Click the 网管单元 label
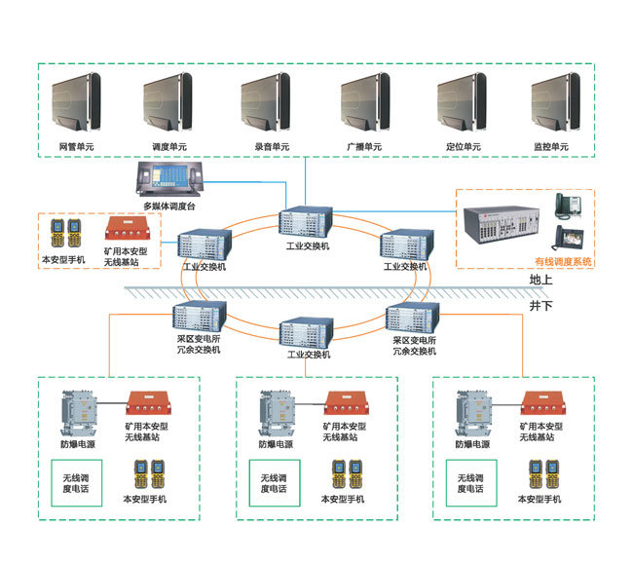click(x=76, y=147)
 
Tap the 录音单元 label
click(x=270, y=147)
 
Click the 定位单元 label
click(x=464, y=147)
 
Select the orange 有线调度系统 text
click(x=562, y=262)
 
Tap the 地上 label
click(x=541, y=280)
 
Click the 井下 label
click(x=541, y=305)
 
